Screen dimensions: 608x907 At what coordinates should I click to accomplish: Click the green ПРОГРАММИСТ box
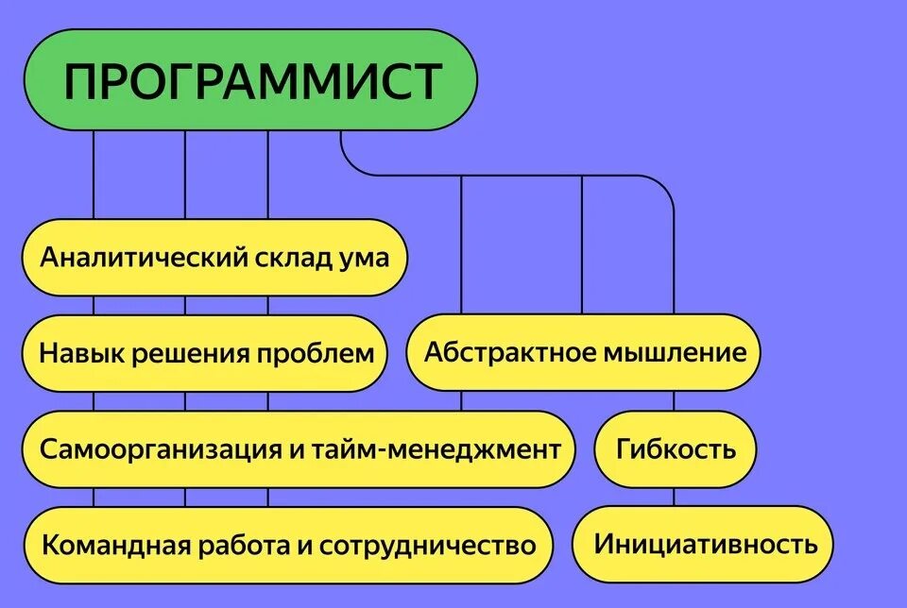point(250,80)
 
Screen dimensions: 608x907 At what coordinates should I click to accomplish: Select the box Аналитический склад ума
point(214,257)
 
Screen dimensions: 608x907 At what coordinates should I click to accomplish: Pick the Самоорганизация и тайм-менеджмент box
point(299,448)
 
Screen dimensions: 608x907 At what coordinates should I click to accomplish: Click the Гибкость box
point(676,448)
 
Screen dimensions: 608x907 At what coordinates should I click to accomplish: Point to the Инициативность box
point(705,544)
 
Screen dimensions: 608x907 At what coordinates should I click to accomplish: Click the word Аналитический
point(142,257)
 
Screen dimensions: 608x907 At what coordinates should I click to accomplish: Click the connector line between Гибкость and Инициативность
point(674,498)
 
